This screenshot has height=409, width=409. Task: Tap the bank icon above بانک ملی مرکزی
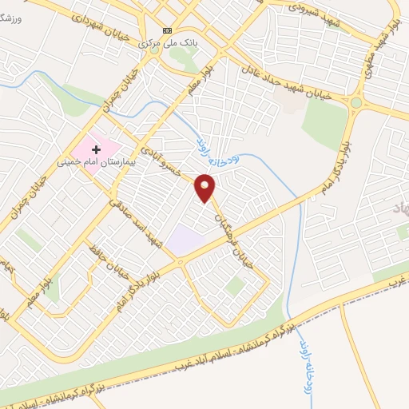166,30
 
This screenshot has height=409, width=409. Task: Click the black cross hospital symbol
97,149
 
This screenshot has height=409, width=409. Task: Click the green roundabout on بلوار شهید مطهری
356,102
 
